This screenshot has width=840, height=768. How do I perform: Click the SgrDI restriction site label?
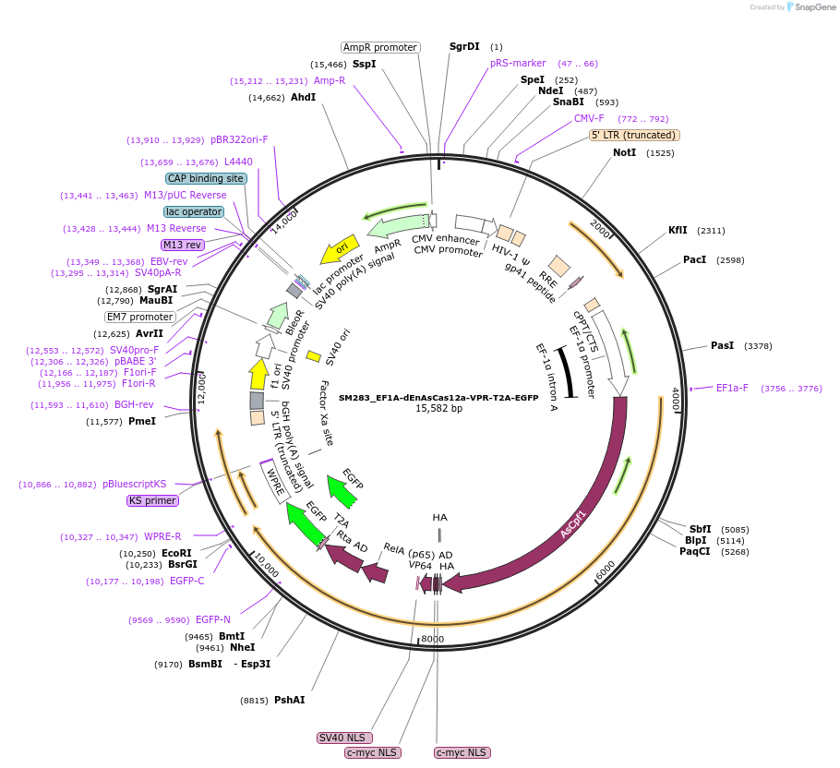click(464, 46)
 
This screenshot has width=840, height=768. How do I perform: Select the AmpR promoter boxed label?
click(380, 47)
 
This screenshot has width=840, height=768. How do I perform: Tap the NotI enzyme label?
click(624, 152)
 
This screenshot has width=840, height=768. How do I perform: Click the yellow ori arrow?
click(338, 249)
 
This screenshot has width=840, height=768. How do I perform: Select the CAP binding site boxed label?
click(206, 178)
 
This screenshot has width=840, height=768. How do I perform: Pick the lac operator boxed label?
click(195, 211)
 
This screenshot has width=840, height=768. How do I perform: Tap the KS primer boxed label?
click(152, 500)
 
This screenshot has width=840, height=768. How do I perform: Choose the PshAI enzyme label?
click(289, 700)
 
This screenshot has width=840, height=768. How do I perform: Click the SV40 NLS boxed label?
click(344, 738)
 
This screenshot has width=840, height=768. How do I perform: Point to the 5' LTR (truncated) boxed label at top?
click(634, 135)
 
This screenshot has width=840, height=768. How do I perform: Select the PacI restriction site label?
click(694, 259)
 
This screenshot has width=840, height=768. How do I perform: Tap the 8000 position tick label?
click(432, 639)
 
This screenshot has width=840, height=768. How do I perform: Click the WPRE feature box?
click(275, 482)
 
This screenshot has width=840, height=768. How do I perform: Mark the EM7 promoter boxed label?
click(139, 317)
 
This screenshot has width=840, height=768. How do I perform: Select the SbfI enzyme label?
click(700, 529)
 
